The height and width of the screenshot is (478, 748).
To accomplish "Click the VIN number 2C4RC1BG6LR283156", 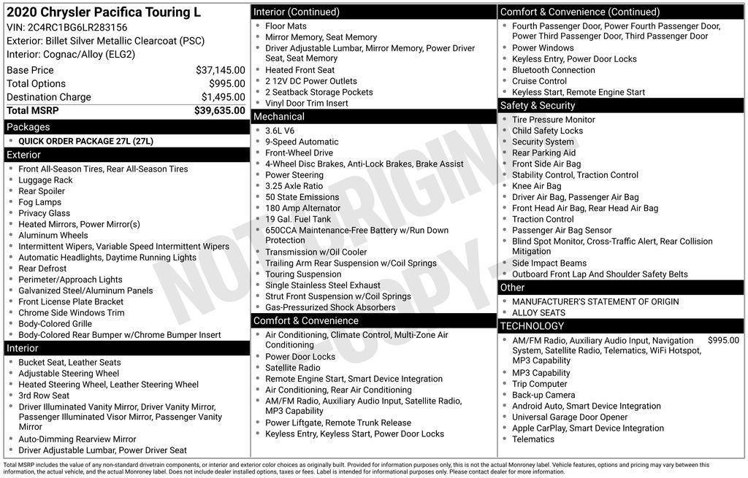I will pyautogui.click(x=77, y=28).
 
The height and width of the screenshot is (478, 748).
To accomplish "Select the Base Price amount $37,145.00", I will pyautogui.click(x=220, y=70).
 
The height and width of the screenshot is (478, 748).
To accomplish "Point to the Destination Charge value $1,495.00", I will pyautogui.click(x=223, y=97).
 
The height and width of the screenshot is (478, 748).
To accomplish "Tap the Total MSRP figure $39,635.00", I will pyautogui.click(x=219, y=111).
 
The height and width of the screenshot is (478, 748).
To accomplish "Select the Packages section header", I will pyautogui.click(x=28, y=127).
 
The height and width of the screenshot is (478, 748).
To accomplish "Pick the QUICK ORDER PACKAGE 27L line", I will pyautogui.click(x=85, y=141).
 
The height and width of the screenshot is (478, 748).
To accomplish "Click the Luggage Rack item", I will pyautogui.click(x=45, y=180).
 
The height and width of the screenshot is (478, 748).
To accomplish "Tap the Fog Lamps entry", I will pyautogui.click(x=40, y=202).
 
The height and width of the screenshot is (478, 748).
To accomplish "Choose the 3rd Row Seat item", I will pyautogui.click(x=44, y=396).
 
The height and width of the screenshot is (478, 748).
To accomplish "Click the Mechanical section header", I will pyautogui.click(x=279, y=117).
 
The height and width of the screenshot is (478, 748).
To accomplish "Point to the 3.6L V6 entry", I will pyautogui.click(x=280, y=131).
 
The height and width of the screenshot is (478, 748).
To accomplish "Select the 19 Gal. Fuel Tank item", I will pyautogui.click(x=298, y=219).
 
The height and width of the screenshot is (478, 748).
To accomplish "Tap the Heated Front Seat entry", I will pyautogui.click(x=299, y=70).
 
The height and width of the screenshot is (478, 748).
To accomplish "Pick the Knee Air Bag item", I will pyautogui.click(x=536, y=186).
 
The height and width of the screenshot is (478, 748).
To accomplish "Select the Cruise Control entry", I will pyautogui.click(x=539, y=81).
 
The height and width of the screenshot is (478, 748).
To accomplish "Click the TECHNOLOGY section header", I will pyautogui.click(x=532, y=326).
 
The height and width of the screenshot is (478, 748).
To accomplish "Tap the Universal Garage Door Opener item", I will pyautogui.click(x=570, y=417).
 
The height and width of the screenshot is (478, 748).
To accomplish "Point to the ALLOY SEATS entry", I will pyautogui.click(x=538, y=312).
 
